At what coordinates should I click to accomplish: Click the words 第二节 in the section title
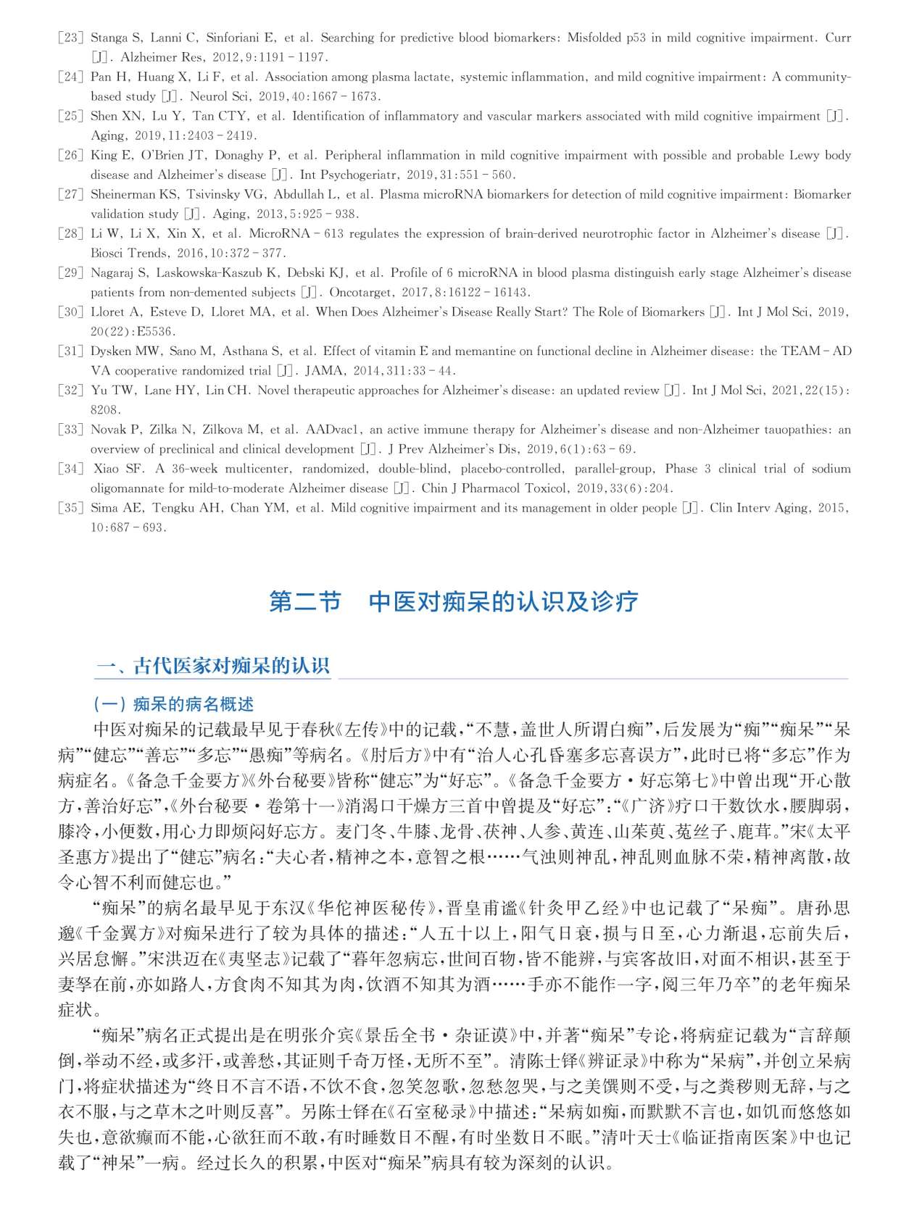(x=305, y=602)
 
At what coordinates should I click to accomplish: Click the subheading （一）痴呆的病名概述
(x=173, y=704)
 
